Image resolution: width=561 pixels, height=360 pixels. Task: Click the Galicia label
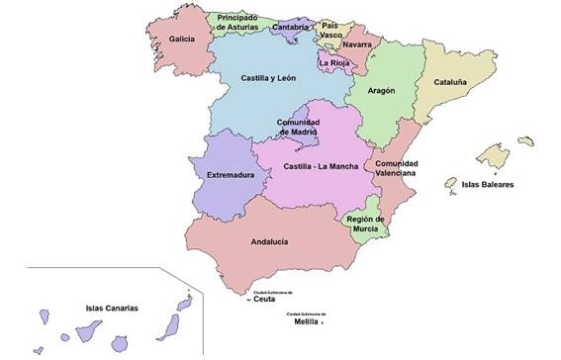pos(181,40)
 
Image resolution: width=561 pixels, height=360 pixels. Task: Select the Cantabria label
pos(295,28)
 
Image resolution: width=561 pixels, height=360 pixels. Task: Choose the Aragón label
pos(381,90)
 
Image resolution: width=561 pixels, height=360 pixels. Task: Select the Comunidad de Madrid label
pos(298,127)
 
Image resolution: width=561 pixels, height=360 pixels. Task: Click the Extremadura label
pos(231,176)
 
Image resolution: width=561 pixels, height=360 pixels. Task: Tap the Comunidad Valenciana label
pos(395,167)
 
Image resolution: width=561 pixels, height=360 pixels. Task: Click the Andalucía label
pos(269,240)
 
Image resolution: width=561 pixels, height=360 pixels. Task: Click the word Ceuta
pos(264,300)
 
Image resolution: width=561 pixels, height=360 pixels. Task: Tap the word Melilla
pos(306,321)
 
